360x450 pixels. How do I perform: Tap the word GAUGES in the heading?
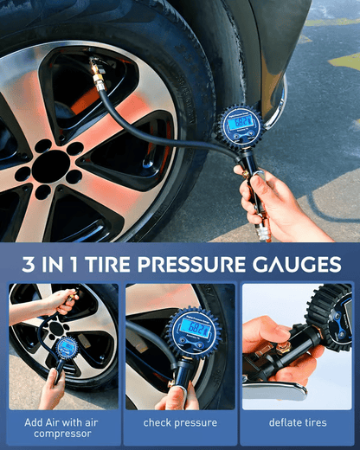(294, 263)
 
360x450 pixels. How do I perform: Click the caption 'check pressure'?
(180, 422)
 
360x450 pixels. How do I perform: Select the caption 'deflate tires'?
(297, 422)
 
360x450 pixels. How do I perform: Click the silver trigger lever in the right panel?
(275, 389)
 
